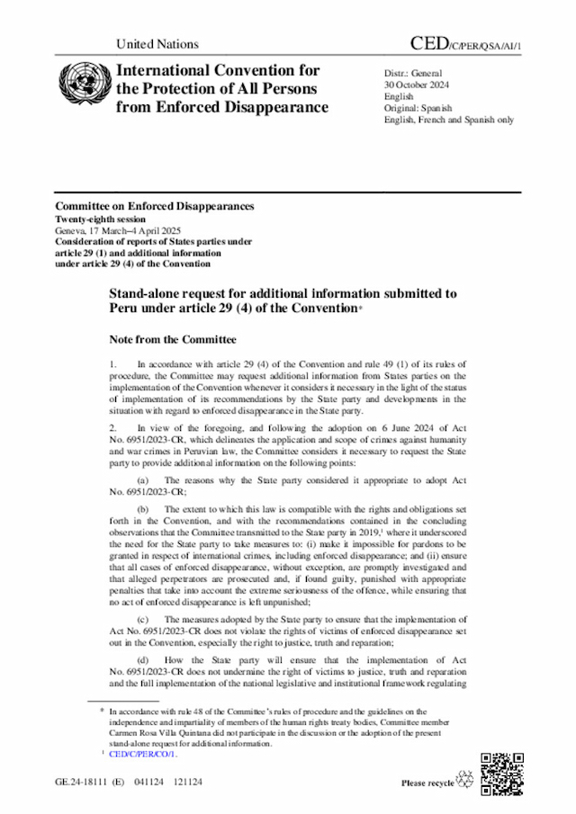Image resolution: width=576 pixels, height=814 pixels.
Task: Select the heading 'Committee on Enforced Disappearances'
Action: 154,207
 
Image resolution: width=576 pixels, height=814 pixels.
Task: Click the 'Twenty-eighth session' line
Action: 101,219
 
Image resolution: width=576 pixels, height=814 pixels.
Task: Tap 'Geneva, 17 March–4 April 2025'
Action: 118,231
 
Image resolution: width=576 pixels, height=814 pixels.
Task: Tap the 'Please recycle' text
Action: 427,783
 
